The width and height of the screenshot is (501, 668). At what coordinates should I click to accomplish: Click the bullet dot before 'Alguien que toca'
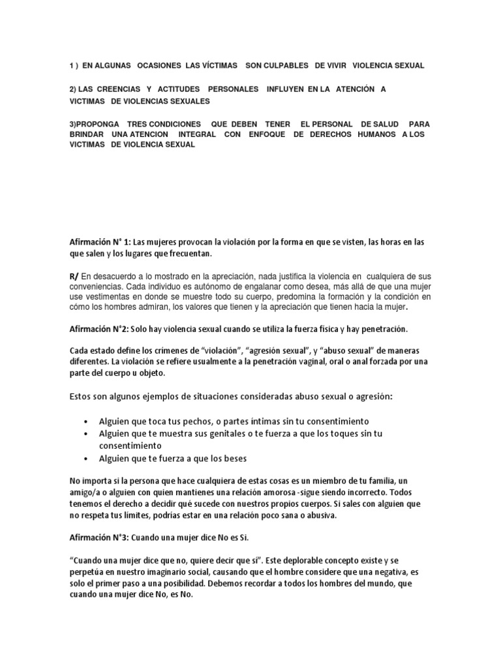click(x=87, y=422)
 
